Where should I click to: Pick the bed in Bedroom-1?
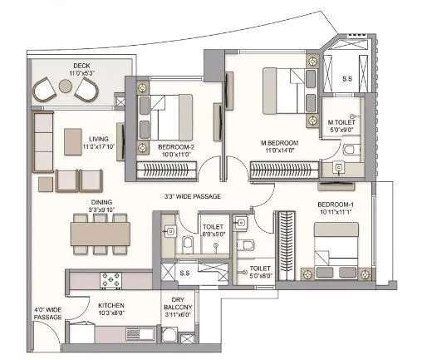[x=331, y=249]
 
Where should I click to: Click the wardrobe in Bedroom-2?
[x=175, y=170]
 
